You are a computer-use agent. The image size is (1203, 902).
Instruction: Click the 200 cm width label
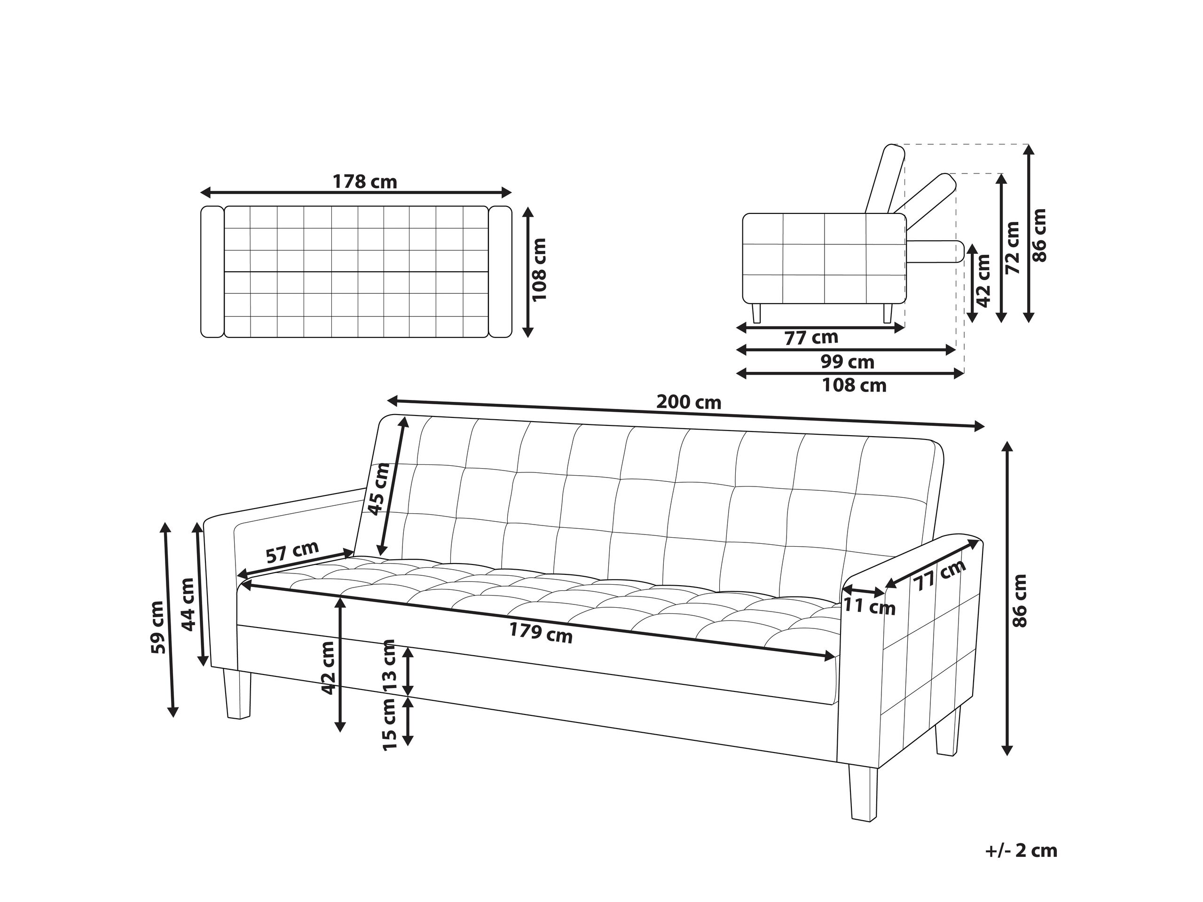point(689,402)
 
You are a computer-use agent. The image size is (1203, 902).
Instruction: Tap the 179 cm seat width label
point(541,633)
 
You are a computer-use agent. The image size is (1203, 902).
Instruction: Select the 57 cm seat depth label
point(292,552)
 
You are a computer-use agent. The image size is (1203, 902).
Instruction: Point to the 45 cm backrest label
point(379,488)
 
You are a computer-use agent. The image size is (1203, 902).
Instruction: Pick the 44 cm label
point(188,604)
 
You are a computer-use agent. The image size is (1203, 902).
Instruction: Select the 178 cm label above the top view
point(364,181)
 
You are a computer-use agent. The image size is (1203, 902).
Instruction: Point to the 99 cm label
point(847,361)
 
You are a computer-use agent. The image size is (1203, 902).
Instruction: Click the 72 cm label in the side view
point(1012,247)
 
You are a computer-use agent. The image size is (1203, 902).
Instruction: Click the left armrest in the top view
point(212,272)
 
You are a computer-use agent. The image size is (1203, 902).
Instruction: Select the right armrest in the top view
point(500,272)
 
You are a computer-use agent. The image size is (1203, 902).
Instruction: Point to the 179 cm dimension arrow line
point(538,621)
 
